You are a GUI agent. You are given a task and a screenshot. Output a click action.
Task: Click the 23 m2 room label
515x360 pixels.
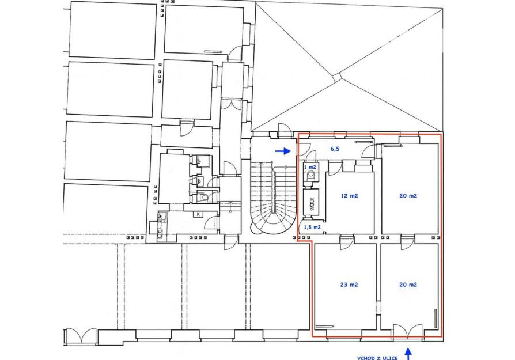tap(349, 285)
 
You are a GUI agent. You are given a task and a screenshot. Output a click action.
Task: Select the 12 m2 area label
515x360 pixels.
tap(350, 196)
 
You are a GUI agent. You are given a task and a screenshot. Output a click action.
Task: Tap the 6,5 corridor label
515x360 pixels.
tap(335, 149)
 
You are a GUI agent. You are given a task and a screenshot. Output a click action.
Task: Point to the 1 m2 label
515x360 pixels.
tap(310, 167)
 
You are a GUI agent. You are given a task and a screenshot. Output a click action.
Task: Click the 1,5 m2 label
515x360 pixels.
tap(312, 226)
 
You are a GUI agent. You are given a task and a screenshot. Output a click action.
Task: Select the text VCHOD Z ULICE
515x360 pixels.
tap(377, 358)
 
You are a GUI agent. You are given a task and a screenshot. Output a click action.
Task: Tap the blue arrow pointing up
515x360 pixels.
tap(408, 354)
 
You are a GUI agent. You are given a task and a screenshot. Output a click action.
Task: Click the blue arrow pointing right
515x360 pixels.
tap(283, 151)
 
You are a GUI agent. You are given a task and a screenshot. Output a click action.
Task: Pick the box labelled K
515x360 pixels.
tap(198, 214)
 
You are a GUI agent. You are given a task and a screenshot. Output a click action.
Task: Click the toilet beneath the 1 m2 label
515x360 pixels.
tap(310, 177)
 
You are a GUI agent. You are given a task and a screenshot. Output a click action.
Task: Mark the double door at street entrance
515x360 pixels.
tap(408, 331)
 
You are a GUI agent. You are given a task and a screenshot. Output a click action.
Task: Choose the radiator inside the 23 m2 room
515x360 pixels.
tap(324, 326)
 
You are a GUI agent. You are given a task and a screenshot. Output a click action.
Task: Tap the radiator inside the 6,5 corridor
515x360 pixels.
tap(364, 142)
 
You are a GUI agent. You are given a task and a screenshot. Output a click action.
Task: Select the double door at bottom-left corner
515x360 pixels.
tap(81, 336)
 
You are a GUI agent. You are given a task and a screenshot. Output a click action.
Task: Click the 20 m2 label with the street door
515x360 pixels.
tap(408, 285)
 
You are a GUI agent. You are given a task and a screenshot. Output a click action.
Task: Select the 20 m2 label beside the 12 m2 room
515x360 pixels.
tap(408, 196)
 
